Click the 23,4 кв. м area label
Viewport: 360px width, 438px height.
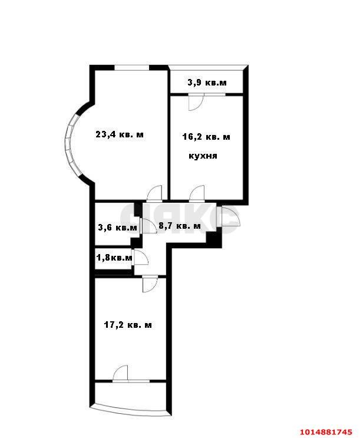tap(120, 134)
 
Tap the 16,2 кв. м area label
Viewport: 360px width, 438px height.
tap(206, 137)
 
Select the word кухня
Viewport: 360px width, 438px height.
tap(203, 156)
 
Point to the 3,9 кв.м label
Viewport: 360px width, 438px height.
tap(207, 83)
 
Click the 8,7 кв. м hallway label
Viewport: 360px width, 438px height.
tap(180, 226)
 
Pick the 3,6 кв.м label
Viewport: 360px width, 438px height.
tap(117, 228)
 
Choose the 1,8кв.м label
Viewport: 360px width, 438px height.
tap(114, 258)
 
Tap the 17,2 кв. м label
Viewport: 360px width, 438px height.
tap(128, 325)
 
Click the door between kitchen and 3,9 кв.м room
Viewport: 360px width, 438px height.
tap(194, 101)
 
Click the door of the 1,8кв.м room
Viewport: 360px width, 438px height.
tap(141, 258)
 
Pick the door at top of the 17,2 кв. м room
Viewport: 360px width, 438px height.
tap(150, 284)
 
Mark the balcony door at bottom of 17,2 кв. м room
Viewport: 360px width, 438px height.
tap(121, 374)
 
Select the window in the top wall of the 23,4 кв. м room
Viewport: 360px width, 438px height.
tap(131, 67)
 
